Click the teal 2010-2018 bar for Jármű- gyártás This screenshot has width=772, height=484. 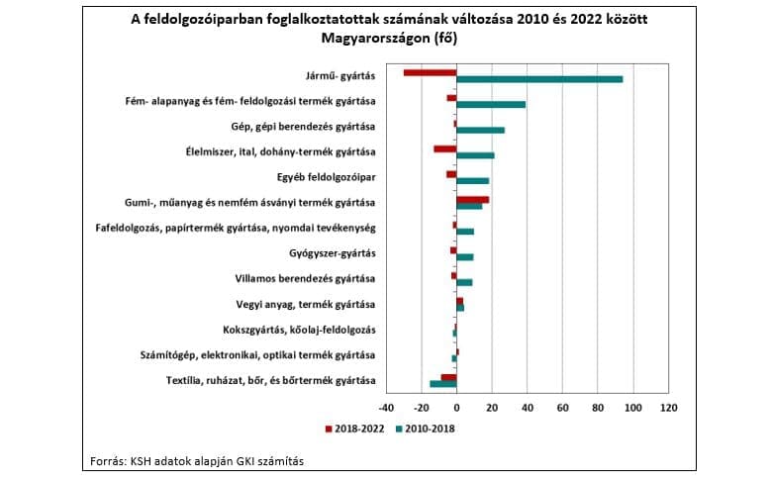coord(539,79)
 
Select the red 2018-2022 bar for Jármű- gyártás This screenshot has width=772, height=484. coord(431,73)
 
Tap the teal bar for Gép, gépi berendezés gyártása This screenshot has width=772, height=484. coord(481,130)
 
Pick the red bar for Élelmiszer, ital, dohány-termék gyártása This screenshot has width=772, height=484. coord(445,149)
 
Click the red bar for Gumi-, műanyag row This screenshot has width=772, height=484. coord(473,200)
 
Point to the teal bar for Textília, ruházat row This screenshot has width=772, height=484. coord(443,384)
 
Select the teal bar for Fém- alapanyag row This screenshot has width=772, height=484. coord(491,104)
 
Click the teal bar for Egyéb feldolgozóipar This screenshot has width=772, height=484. coord(473,181)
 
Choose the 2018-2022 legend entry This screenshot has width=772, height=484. coord(354,429)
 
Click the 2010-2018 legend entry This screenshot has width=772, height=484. coord(426,429)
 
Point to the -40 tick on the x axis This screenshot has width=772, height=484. coord(386,408)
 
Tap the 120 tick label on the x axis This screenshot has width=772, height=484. coord(669,408)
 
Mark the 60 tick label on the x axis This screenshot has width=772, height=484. coord(563,408)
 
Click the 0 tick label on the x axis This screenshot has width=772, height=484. coord(457,408)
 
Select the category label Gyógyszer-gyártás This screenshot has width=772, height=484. coord(333,253)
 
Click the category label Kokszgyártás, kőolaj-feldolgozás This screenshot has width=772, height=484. coord(299,330)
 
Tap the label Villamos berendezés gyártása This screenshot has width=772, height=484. coord(305,279)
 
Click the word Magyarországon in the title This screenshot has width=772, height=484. coord(376,38)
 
